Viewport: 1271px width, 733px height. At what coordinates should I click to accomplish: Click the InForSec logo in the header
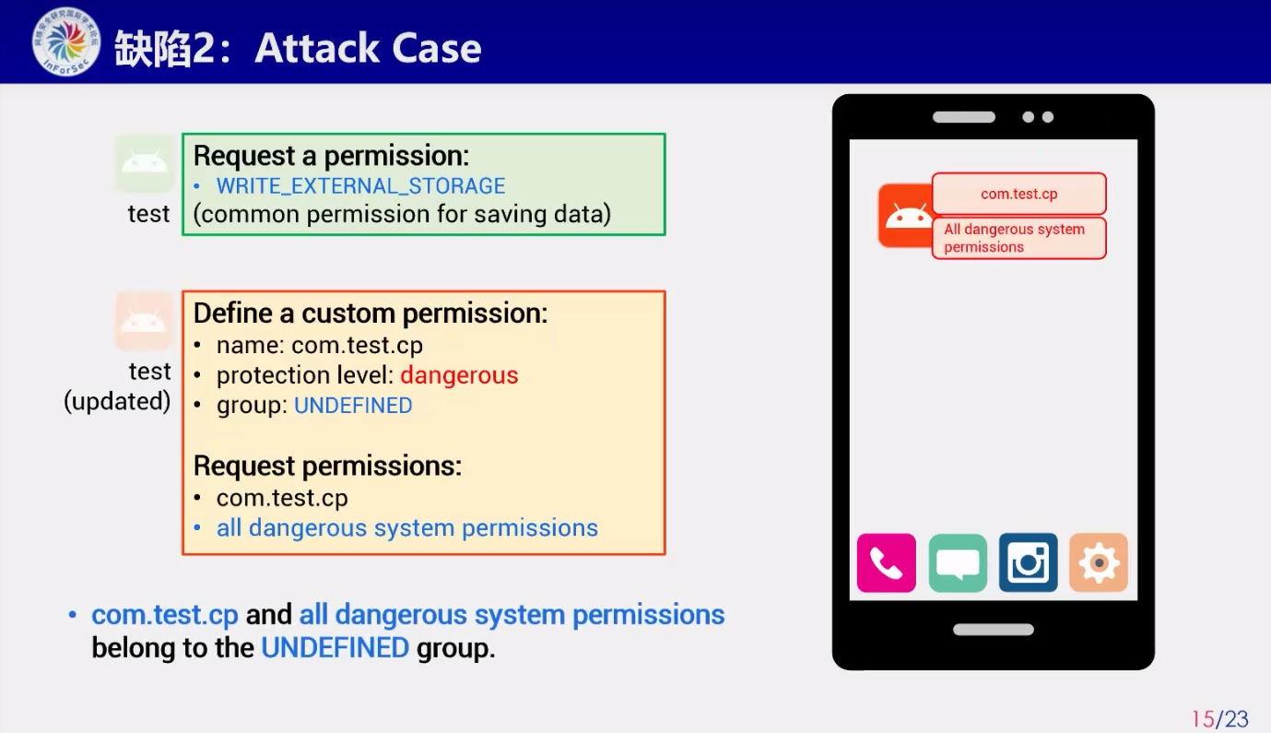[65, 42]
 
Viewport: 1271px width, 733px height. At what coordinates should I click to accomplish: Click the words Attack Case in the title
[368, 48]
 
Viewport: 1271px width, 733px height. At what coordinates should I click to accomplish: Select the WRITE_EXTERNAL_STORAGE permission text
[360, 185]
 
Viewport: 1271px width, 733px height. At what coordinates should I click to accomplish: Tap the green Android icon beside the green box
[145, 163]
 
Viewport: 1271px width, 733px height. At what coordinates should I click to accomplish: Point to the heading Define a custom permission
[371, 313]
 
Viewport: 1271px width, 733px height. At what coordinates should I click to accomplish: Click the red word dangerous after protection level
[459, 375]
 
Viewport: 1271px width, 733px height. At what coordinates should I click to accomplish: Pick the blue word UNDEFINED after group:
[353, 406]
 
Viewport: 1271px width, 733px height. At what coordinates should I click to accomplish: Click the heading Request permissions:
[327, 466]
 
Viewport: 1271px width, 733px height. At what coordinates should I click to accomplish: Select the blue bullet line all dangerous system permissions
[406, 528]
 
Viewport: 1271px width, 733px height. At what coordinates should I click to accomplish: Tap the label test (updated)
[118, 386]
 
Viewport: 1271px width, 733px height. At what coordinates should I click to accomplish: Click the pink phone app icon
[886, 562]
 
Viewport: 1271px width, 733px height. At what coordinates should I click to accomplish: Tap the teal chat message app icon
[958, 562]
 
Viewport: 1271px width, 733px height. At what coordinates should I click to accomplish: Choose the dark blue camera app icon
[1028, 562]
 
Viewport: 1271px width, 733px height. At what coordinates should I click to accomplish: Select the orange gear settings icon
[1099, 562]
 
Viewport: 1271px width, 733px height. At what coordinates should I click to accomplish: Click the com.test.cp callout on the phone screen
[1018, 194]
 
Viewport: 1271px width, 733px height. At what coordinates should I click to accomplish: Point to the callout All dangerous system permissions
[1018, 238]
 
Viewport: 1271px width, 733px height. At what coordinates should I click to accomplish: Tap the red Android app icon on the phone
[906, 215]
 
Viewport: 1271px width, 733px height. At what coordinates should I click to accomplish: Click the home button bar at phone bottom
[993, 630]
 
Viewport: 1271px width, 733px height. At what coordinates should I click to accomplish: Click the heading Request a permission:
[331, 156]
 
